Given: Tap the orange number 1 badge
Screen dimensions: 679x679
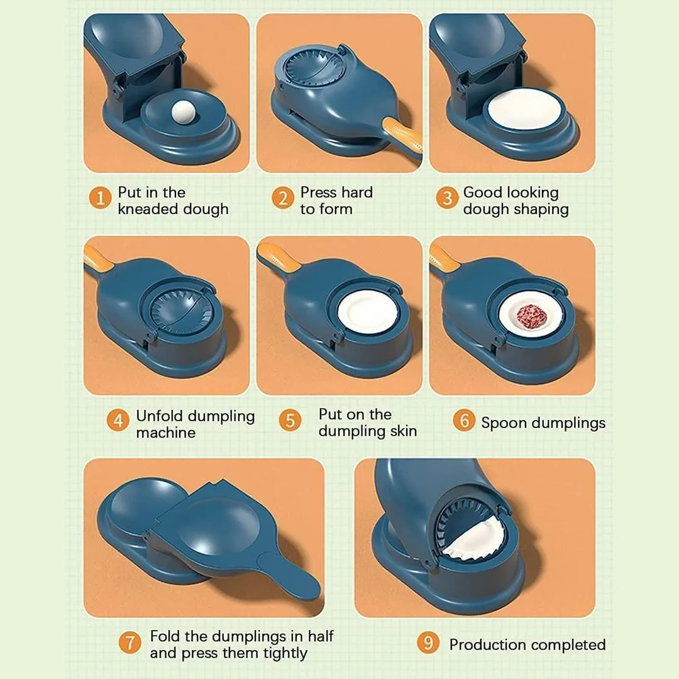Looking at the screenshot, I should [99, 199].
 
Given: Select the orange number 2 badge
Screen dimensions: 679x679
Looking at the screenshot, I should [283, 199].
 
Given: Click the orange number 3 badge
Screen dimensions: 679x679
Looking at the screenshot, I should [446, 199].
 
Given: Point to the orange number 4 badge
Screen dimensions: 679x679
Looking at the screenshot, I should [118, 420].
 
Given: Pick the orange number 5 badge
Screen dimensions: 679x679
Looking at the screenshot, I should [289, 420].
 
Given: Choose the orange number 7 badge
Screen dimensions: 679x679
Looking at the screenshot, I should [130, 643].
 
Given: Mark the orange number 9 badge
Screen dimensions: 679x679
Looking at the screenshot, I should [428, 643].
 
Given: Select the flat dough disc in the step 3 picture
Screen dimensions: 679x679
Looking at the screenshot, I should [523, 109].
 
